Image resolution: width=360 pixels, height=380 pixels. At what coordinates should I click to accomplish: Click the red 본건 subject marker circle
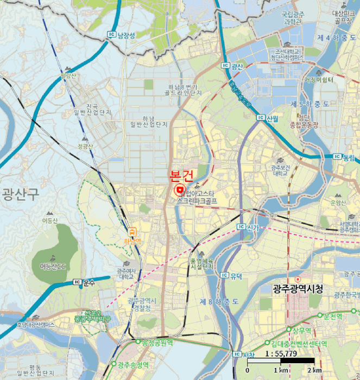(x=179, y=190)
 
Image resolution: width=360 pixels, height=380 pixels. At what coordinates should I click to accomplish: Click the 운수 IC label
(x=85, y=283)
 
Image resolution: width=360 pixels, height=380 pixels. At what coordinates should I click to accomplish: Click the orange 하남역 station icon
(x=132, y=231)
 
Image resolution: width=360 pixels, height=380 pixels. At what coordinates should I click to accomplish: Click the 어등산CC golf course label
(x=52, y=267)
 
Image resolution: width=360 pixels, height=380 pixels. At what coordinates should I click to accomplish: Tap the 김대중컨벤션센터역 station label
(x=299, y=344)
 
